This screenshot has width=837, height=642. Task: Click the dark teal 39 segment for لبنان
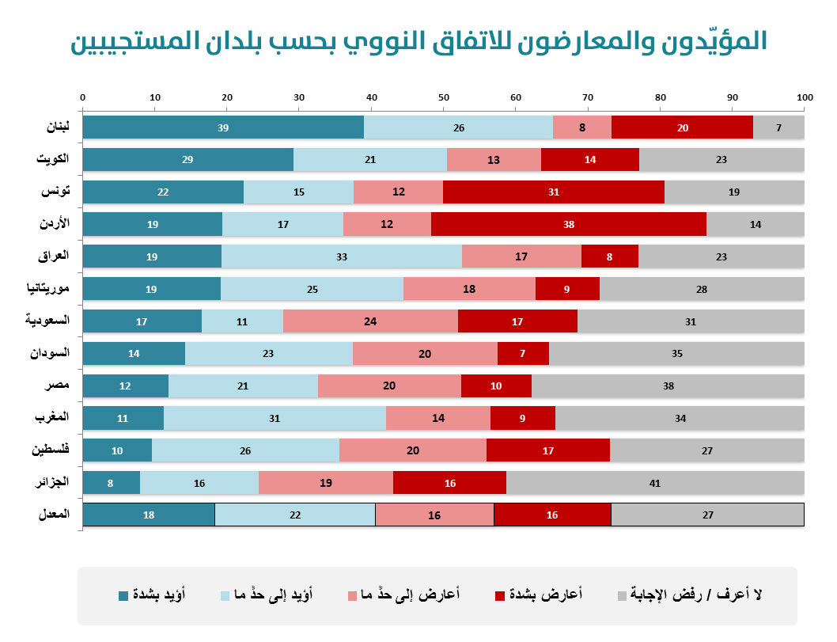point(223,127)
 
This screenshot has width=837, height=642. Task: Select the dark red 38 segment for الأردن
point(568,224)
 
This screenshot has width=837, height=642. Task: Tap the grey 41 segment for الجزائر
point(655,483)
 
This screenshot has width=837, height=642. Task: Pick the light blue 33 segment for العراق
point(342,256)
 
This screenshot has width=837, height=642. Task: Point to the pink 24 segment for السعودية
point(370,321)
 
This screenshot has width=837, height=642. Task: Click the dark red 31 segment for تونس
point(553,192)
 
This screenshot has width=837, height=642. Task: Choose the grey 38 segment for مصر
point(668,386)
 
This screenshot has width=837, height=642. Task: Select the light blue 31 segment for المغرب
point(275,418)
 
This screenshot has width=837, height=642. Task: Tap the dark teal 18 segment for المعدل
point(149,515)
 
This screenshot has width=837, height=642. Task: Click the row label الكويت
point(53,158)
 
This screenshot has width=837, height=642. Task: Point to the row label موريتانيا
point(48,288)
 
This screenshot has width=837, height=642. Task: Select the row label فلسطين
point(51,450)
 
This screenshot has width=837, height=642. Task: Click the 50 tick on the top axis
point(444,97)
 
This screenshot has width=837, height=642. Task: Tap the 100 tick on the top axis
point(805,97)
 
